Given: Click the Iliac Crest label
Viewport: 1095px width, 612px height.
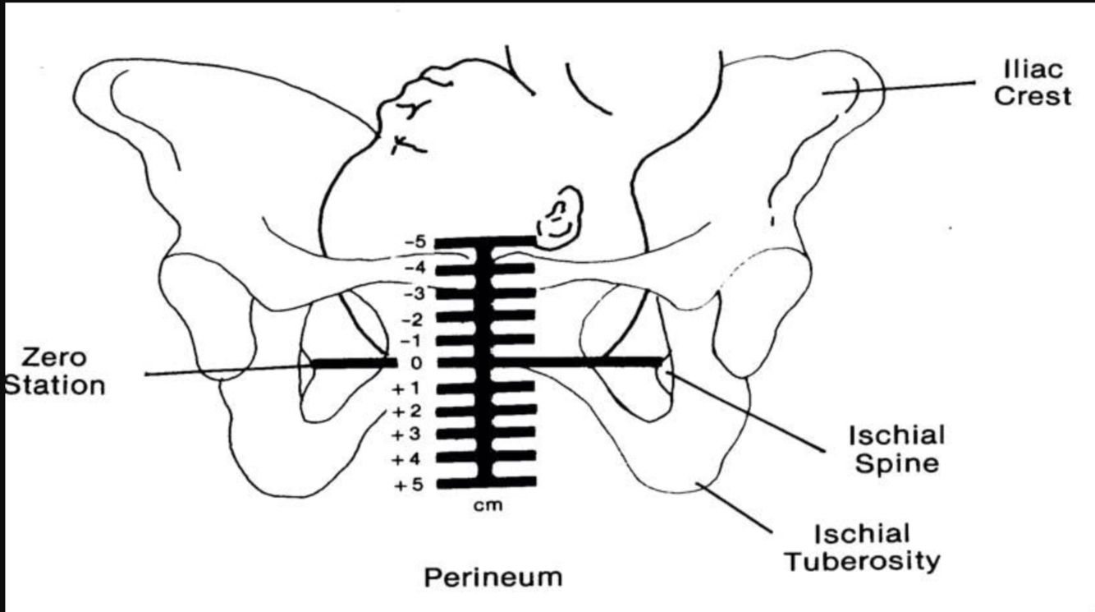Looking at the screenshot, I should [1033, 84].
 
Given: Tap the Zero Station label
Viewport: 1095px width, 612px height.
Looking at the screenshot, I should [54, 371].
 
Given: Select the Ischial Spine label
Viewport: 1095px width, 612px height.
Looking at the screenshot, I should [896, 449].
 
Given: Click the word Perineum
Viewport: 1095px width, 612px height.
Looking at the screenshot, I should [493, 577].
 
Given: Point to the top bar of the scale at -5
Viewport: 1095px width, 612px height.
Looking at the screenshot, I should [485, 242].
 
